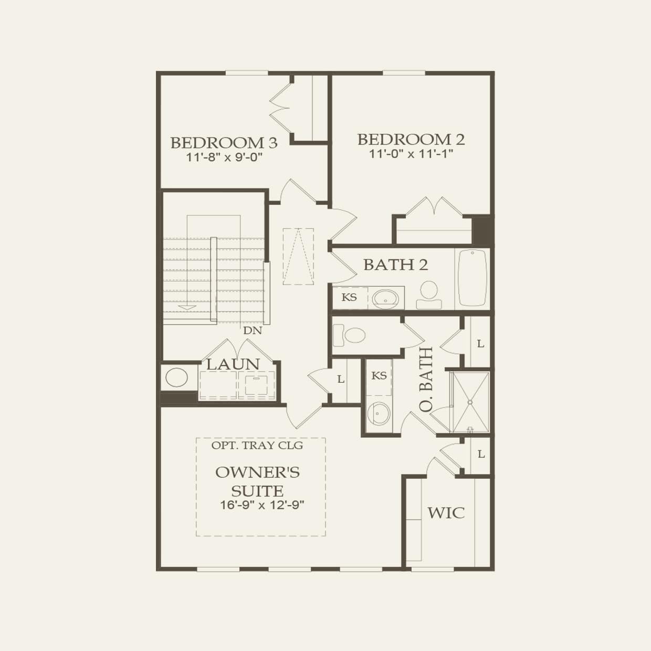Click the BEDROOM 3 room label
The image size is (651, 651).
tap(224, 142)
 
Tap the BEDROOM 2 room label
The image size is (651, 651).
tap(411, 139)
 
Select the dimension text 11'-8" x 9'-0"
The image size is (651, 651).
tap(224, 157)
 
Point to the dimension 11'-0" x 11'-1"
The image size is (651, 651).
tap(411, 154)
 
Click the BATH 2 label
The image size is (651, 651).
tap(395, 265)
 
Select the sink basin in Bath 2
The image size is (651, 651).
tap(387, 298)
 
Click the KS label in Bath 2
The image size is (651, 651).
tap(349, 298)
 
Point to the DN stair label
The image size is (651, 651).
tap(252, 331)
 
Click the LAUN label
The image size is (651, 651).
tap(233, 364)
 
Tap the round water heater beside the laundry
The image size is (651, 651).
tap(177, 377)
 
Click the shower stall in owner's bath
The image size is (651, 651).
tap(470, 402)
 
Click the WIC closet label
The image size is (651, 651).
tap(446, 512)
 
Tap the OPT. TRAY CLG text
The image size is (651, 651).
tap(257, 445)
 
